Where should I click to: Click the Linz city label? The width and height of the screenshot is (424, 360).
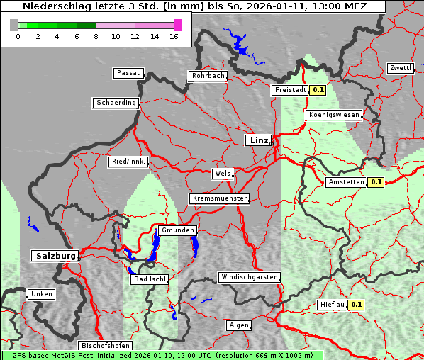(258, 140)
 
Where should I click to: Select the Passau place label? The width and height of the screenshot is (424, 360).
(128, 73)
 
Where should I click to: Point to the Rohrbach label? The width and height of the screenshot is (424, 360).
(207, 76)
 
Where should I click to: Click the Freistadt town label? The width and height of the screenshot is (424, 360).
(290, 90)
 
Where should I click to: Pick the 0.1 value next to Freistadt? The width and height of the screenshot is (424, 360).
(318, 90)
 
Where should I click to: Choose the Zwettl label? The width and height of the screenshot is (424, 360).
(401, 68)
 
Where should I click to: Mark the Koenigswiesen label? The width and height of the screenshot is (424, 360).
(334, 114)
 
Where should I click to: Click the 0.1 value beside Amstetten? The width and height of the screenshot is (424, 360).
(376, 182)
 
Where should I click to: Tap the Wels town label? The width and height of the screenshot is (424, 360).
(222, 174)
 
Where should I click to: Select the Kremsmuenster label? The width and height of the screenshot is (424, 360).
(219, 198)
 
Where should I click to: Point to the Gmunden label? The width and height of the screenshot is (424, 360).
(177, 230)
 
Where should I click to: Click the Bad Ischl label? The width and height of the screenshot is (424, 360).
(149, 279)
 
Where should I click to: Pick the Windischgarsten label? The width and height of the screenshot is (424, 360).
(249, 277)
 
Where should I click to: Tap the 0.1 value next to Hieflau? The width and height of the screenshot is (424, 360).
(357, 305)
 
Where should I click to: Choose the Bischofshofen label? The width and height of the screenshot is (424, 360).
(104, 346)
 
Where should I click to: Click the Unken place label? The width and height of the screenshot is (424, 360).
(41, 293)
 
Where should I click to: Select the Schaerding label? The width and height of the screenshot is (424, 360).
(116, 103)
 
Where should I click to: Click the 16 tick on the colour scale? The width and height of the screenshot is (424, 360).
(174, 36)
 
